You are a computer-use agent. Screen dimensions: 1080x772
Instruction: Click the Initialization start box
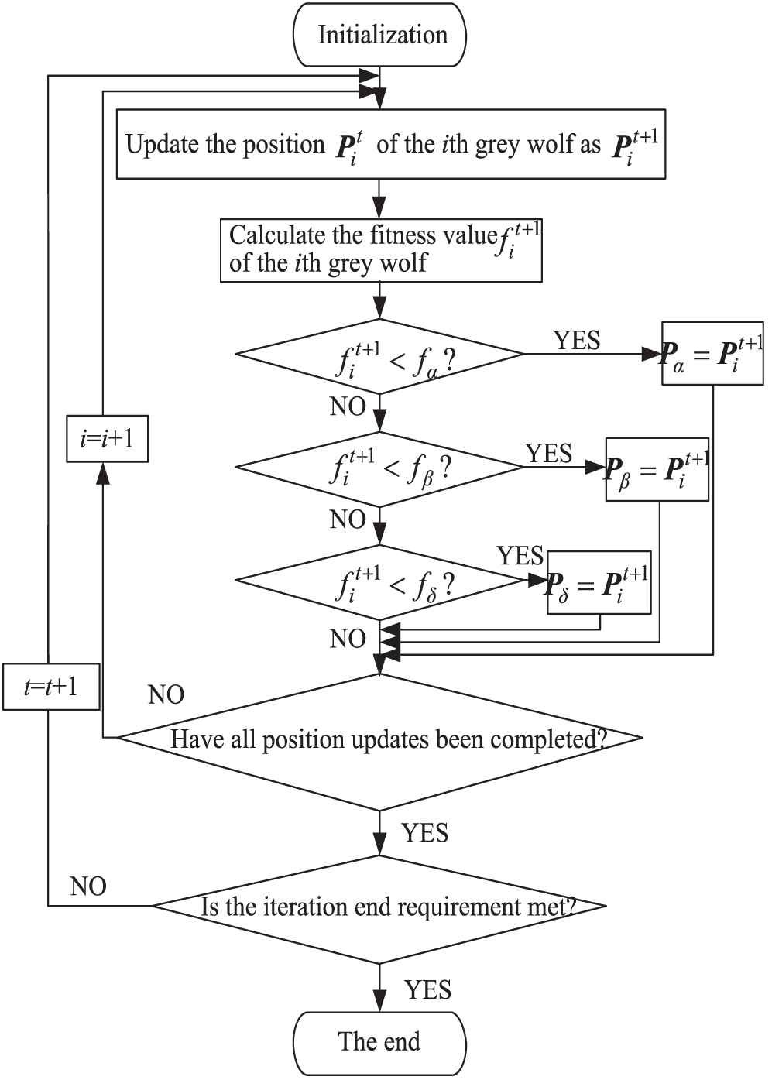[379, 36]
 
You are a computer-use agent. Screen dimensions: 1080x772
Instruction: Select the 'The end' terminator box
[379, 1042]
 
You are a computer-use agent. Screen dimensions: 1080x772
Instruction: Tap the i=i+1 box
[107, 439]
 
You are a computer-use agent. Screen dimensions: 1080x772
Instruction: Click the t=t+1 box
[51, 687]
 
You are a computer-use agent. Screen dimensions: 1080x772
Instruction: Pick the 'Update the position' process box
[390, 145]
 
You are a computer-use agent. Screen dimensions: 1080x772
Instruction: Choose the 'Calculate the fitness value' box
[380, 249]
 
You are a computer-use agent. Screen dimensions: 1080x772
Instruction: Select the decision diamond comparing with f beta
[379, 468]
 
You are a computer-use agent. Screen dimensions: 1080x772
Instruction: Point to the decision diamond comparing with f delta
[379, 582]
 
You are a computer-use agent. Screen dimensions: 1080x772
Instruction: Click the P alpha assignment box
[712, 354]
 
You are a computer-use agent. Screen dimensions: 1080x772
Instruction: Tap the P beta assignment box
[657, 468]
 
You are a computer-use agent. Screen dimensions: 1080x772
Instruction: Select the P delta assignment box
[599, 582]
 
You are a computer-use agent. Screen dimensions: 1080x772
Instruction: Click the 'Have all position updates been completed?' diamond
[379, 739]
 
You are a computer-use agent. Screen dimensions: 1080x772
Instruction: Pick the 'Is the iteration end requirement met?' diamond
[379, 907]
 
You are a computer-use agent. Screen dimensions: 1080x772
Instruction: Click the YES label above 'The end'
[427, 990]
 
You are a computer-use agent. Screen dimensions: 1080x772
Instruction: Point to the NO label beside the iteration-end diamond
[88, 886]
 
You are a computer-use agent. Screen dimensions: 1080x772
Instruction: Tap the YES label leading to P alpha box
[576, 340]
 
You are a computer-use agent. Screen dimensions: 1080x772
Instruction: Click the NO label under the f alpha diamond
[348, 406]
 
